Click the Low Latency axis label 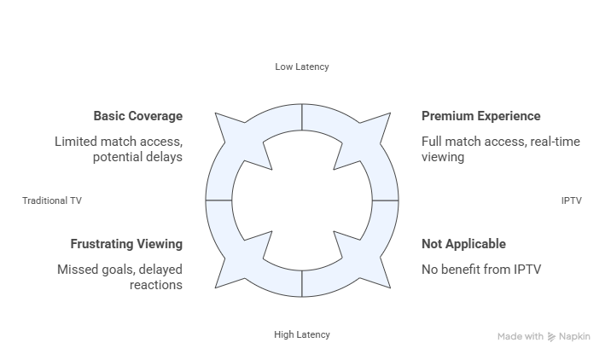pos(302,67)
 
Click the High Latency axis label pos(302,334)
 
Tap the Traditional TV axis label pos(52,200)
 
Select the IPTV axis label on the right pos(571,200)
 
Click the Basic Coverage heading pos(138,116)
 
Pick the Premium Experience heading pos(480,116)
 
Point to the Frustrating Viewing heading pos(126,244)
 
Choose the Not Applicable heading pos(463,244)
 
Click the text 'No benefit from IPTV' pos(481,270)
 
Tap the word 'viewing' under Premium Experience pos(443,157)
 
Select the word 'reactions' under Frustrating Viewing pos(156,285)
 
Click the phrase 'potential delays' pos(137,157)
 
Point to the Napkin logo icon pos(551,337)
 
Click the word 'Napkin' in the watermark pos(574,337)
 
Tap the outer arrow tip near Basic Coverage pos(216,113)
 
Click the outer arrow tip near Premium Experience pos(390,113)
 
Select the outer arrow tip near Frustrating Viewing pos(216,288)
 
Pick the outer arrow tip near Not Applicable pos(390,288)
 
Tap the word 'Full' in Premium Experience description pos(431,142)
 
